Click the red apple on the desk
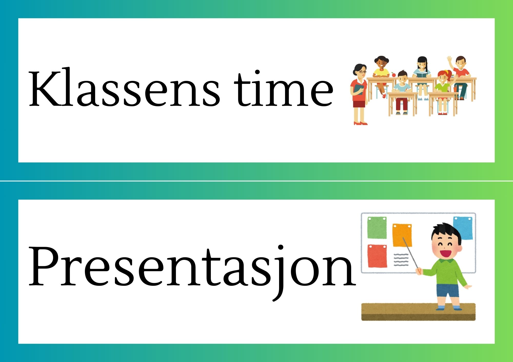tap(393, 74)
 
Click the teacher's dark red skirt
tap(359, 104)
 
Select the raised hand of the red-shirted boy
tap(449, 60)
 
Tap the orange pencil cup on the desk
tap(455, 89)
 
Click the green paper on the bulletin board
tap(377, 228)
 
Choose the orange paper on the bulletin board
tap(402, 235)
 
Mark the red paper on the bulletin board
tap(377, 256)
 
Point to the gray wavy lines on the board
tap(401, 260)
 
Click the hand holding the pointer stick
tap(419, 271)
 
